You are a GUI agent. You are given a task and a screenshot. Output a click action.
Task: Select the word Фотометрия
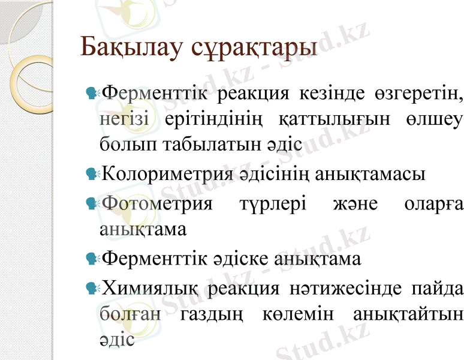click(158, 203)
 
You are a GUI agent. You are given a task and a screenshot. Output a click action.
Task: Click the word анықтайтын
click(408, 314)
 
